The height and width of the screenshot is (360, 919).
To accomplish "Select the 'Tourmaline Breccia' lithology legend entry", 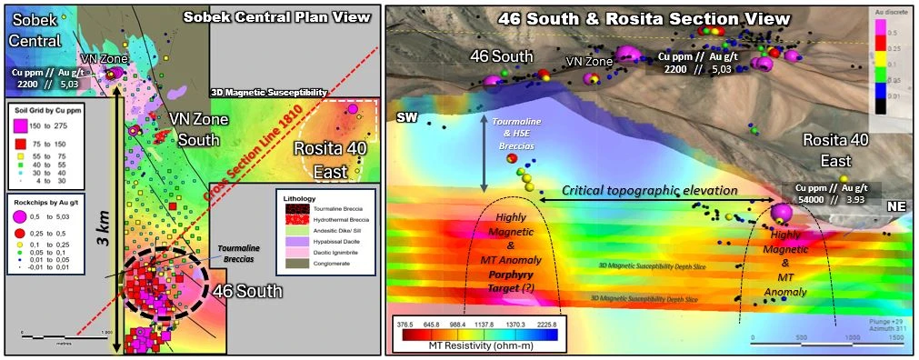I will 327,209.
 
